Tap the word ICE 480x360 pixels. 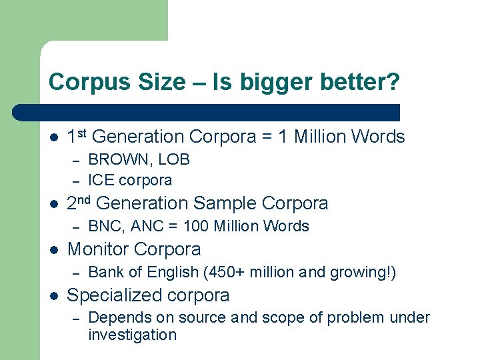pyautogui.click(x=101, y=180)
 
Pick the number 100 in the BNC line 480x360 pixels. pyautogui.click(x=196, y=226)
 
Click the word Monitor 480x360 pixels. pyautogui.click(x=99, y=249)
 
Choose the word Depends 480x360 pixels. pyautogui.click(x=115, y=318)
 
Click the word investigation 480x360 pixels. pyautogui.click(x=132, y=335)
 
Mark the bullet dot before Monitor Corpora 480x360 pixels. pyautogui.click(x=53, y=250)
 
